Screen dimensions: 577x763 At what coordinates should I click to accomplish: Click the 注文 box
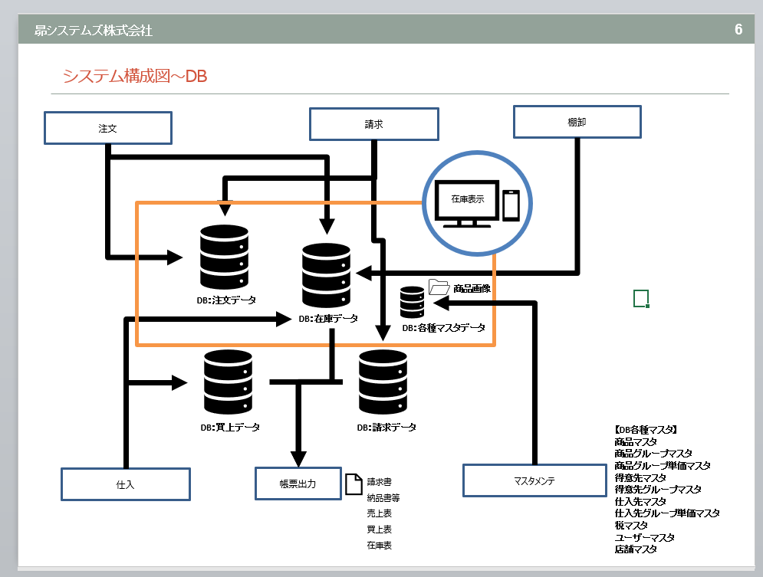coord(107,128)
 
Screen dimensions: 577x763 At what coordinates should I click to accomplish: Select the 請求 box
coord(373,124)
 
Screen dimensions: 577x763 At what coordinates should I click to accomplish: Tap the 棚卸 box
coord(577,122)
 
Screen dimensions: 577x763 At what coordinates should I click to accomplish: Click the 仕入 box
coord(126,484)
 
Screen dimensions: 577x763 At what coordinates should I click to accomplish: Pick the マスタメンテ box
coord(534,480)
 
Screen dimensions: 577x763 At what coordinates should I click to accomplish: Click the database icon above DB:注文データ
coord(224,257)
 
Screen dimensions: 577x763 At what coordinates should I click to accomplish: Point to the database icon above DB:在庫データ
coord(327,275)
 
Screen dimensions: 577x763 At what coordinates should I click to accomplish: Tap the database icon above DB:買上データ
coord(229,382)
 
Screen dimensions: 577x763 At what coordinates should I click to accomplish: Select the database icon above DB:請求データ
coord(383,382)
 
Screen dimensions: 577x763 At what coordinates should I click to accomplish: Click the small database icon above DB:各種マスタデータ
coord(412,302)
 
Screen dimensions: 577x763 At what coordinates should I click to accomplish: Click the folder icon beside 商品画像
coord(439,287)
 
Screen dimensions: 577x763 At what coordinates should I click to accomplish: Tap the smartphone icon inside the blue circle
coord(511,205)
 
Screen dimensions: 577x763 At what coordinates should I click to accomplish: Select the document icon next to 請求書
coord(353,484)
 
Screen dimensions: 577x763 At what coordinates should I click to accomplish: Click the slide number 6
coord(738,30)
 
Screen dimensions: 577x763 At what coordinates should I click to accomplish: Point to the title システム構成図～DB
coord(135,76)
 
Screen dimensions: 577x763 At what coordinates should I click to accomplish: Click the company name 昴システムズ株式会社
coord(94,31)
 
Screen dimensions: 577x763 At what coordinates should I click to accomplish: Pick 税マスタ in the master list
coord(630,525)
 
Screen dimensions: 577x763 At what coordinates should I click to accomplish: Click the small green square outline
coord(641,298)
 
